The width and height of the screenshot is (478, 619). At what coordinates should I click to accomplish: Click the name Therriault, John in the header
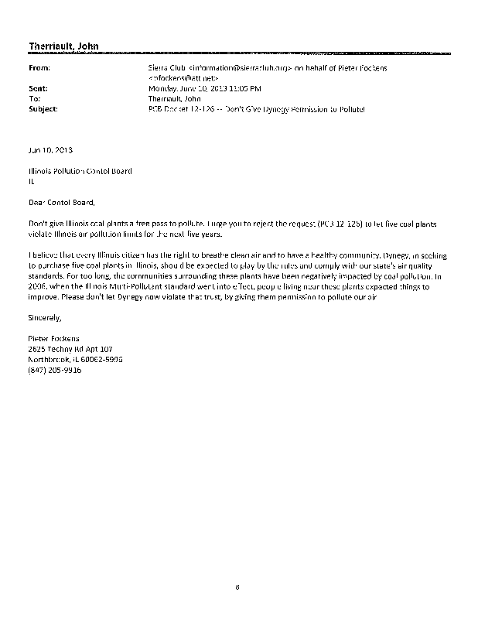point(63,47)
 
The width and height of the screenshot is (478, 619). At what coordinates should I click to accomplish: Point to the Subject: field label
point(43,109)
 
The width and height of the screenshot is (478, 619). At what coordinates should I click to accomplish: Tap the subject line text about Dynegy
point(256,109)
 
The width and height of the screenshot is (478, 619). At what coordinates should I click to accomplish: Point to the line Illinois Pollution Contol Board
point(80,171)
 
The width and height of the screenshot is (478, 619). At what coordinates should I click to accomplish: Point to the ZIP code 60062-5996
point(105,359)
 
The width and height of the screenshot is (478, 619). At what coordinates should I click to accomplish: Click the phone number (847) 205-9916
point(54,370)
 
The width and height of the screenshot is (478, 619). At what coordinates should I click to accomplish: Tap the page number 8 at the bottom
point(238,587)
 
